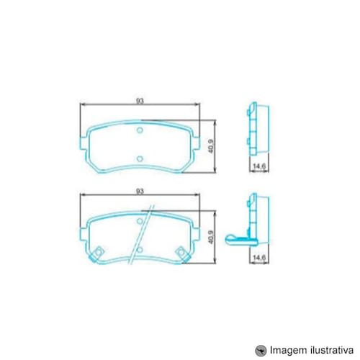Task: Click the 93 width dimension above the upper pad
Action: click(140, 101)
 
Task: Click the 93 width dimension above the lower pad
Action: click(140, 192)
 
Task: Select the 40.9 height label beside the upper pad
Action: click(211, 146)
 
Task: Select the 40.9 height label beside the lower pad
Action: click(211, 237)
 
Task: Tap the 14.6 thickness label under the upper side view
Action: click(259, 166)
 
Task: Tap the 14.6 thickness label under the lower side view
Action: click(259, 257)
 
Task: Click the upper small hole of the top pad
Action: click(140, 130)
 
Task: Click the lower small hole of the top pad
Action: click(140, 158)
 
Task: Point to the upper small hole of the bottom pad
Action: click(140, 221)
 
